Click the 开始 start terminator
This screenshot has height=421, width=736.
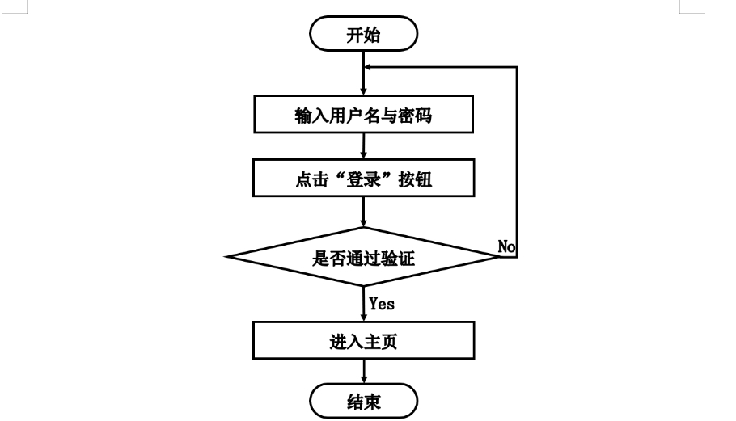[x=363, y=34]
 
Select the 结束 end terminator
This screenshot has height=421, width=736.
[x=363, y=401]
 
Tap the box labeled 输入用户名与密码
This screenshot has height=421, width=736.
[x=363, y=115]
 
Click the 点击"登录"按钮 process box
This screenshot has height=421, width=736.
[x=363, y=178]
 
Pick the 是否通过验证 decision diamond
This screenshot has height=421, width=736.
[x=363, y=256]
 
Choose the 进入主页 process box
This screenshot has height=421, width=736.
[x=363, y=340]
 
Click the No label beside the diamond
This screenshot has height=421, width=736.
[x=506, y=246]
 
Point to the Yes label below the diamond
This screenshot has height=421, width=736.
[x=382, y=304]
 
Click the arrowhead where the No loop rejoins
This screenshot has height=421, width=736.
[x=367, y=67]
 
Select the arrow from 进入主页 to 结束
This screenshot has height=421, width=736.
[x=364, y=372]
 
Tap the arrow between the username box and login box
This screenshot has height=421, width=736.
[x=364, y=145]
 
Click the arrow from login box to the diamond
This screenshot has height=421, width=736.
[x=364, y=212]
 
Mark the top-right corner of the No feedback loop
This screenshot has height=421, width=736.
[x=517, y=67]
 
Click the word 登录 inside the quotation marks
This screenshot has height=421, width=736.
[x=363, y=179]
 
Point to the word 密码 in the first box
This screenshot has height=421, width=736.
[x=415, y=116]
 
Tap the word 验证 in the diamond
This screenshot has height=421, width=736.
[x=398, y=258]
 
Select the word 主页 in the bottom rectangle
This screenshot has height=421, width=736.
[x=381, y=341]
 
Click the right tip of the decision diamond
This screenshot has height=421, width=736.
[x=501, y=256]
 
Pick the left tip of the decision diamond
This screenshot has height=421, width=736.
[x=226, y=256]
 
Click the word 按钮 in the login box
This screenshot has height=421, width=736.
[x=415, y=179]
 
